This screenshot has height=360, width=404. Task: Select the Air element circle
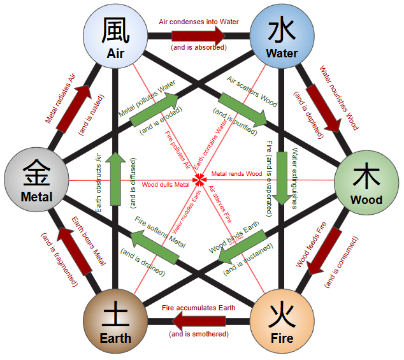coord(115,37)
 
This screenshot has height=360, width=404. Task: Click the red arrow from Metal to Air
coord(73,106)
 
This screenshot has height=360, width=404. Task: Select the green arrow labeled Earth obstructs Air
coord(116,178)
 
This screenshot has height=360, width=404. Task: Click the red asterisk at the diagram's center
coord(199,180)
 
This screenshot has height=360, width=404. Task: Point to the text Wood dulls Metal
coord(166,185)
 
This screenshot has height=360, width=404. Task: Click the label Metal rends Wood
coord(236,174)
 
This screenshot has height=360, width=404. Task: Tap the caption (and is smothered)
coord(198,335)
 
